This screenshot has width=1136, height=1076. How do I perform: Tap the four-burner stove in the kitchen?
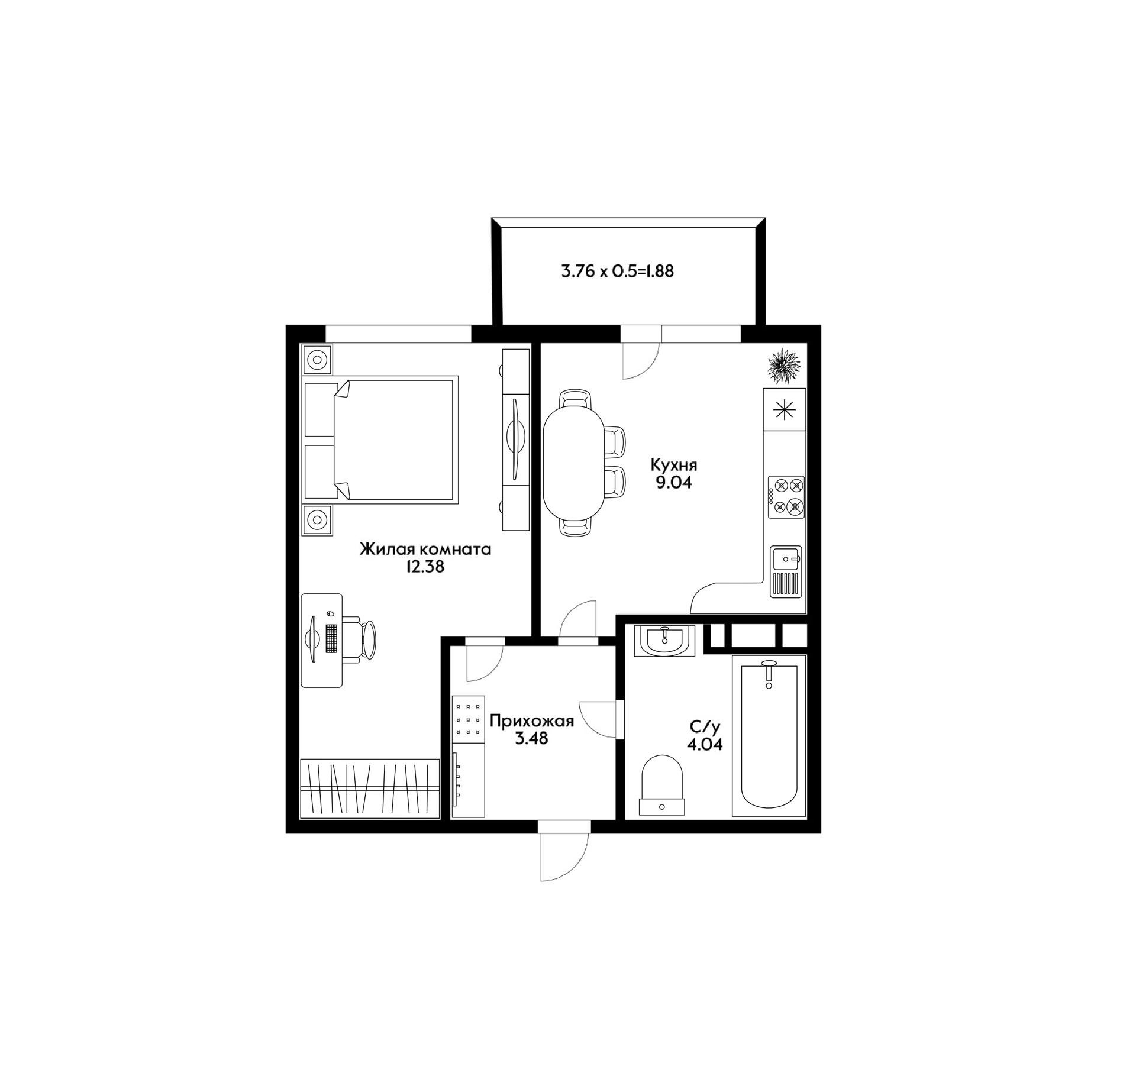pyautogui.click(x=786, y=497)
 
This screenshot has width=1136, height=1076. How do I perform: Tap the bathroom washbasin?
pyautogui.click(x=664, y=641)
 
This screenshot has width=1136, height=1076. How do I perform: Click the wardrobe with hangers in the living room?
pyautogui.click(x=370, y=789)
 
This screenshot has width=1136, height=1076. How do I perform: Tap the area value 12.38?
pyautogui.click(x=425, y=567)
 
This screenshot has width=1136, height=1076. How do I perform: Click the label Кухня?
pyautogui.click(x=674, y=464)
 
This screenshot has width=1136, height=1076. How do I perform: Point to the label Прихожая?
pyautogui.click(x=532, y=722)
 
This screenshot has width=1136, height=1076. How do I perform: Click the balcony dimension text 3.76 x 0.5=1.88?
pyautogui.click(x=617, y=272)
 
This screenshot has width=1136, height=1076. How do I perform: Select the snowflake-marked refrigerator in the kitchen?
pyautogui.click(x=785, y=409)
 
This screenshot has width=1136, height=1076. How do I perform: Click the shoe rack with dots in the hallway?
pyautogui.click(x=468, y=719)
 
